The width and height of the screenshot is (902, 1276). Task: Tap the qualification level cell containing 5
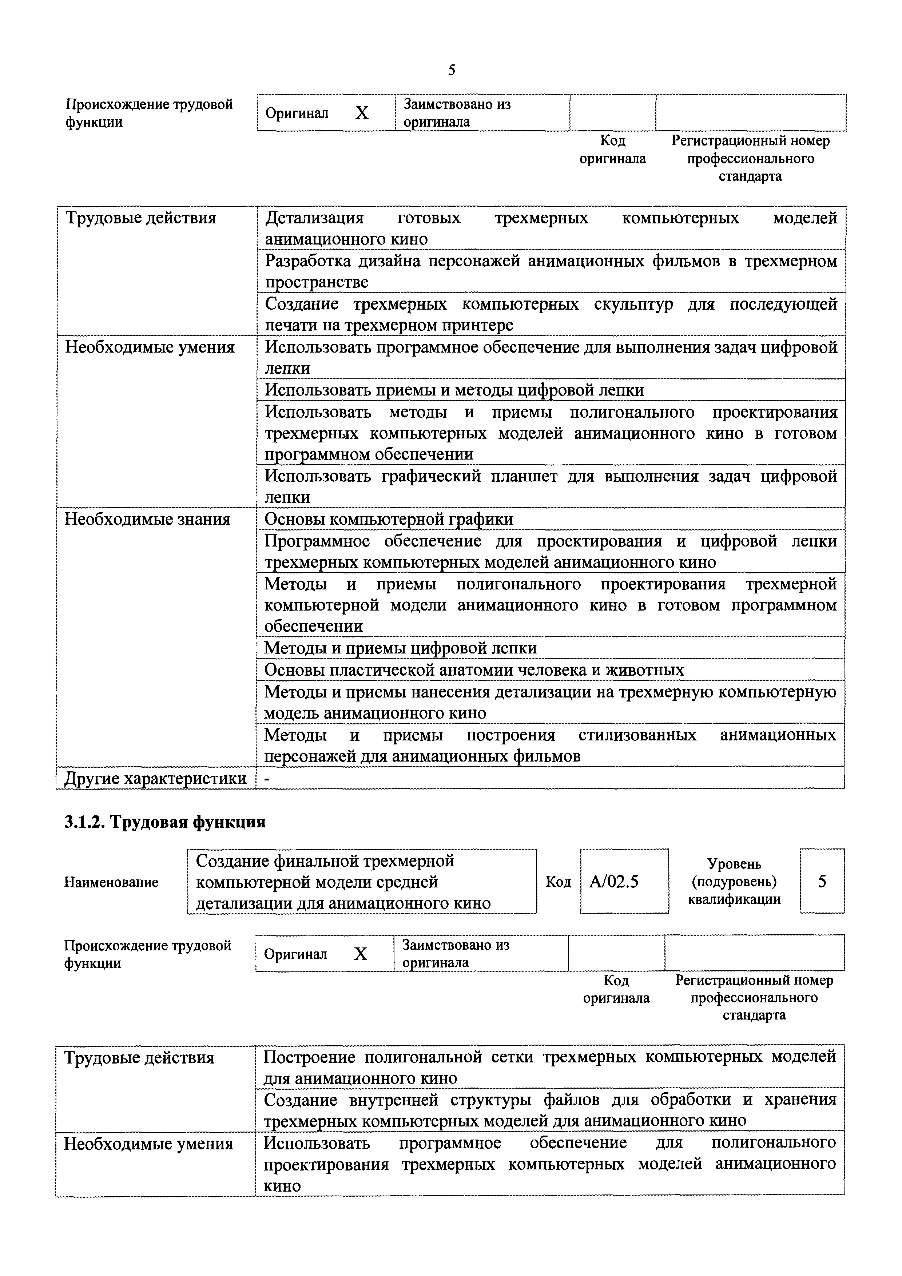822,882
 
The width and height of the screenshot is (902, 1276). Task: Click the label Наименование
111,883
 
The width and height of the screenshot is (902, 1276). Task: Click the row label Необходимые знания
148,519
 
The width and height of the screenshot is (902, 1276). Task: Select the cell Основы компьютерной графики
389,519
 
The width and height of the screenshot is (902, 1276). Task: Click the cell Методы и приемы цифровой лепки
400,648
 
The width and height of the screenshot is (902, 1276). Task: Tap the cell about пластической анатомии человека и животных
473,670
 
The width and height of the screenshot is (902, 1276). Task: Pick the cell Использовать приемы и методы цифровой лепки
454,390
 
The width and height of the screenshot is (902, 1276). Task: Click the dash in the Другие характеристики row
267,779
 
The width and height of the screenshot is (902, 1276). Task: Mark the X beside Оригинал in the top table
362,114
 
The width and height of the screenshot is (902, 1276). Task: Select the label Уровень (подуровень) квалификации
734,882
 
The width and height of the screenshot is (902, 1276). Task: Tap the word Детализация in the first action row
314,218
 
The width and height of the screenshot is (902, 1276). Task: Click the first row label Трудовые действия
141,218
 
